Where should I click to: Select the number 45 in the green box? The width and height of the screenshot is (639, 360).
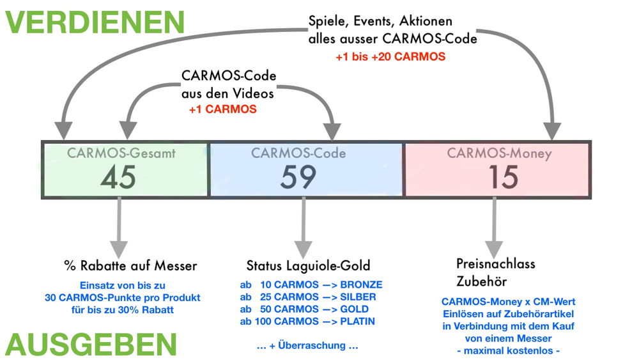(119, 176)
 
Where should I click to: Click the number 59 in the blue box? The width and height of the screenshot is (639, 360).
(298, 176)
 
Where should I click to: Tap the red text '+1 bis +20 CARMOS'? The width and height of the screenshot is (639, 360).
(390, 57)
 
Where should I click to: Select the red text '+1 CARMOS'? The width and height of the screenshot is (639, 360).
(223, 109)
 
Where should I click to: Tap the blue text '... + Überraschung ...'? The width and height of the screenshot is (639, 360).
(306, 345)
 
